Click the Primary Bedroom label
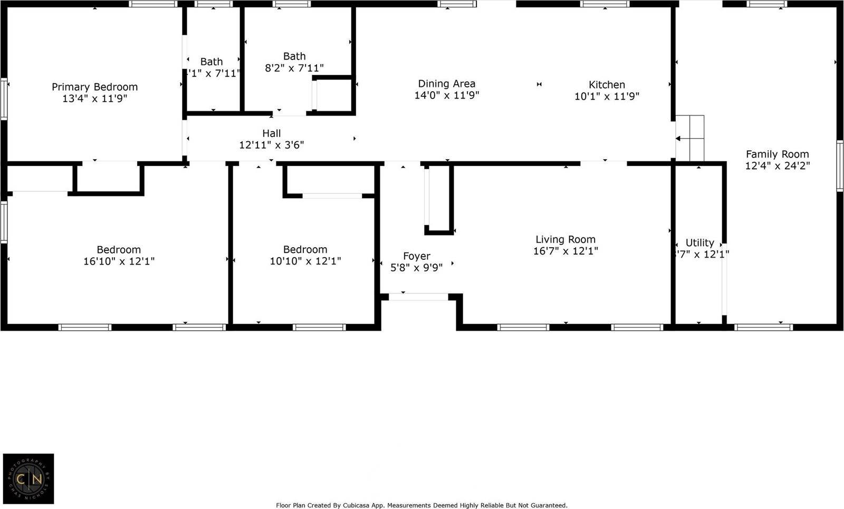[94, 87]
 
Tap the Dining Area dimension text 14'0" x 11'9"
[447, 95]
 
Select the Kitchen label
[607, 85]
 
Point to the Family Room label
[777, 154]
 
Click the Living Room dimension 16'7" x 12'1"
[565, 251]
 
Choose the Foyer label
[416, 256]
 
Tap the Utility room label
[699, 243]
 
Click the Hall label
[272, 134]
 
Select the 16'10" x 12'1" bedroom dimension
[119, 261]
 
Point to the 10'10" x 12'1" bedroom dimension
[305, 261]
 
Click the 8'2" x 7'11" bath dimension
[294, 68]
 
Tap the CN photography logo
[28, 478]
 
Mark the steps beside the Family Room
[690, 138]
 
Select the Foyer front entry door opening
[418, 297]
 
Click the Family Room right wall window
[840, 165]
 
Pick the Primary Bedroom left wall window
[4, 99]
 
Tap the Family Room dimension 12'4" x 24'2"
[777, 166]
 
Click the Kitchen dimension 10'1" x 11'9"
[607, 96]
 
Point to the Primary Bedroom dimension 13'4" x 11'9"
[94, 99]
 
